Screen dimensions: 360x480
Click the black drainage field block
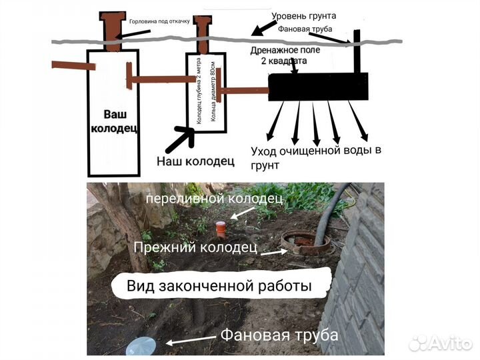point(317,86)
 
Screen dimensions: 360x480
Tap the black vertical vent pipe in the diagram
point(357,50)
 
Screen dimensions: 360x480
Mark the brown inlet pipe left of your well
point(69,66)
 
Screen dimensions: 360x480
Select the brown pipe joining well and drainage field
point(244,89)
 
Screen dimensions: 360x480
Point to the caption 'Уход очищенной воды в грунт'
point(313,157)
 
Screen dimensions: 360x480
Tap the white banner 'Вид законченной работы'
point(220,287)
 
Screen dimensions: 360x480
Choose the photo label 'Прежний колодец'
point(195,247)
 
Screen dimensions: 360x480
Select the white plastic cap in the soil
point(141,345)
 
